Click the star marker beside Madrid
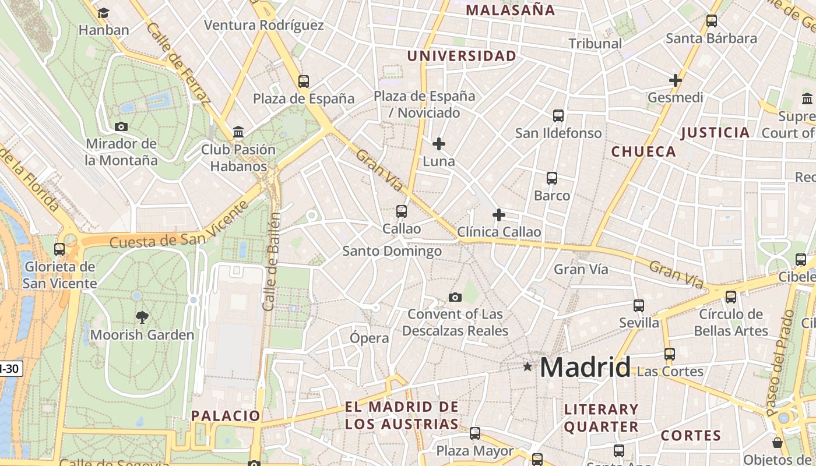click(x=527, y=366)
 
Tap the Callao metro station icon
click(x=402, y=211)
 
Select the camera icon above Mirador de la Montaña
click(x=121, y=126)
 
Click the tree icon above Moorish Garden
click(x=142, y=317)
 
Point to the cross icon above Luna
click(x=439, y=144)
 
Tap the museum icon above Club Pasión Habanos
click(x=238, y=132)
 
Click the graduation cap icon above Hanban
click(x=103, y=13)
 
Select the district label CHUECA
click(x=643, y=152)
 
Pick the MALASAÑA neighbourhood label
click(x=511, y=10)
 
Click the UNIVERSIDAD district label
click(x=462, y=56)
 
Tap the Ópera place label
click(x=370, y=338)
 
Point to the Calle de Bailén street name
click(x=272, y=262)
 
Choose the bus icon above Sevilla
click(x=639, y=306)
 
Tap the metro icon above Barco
click(x=552, y=178)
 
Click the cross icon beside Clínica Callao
click(x=499, y=215)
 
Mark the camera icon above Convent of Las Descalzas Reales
click(x=455, y=298)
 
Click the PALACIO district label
click(x=226, y=415)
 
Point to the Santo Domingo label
click(x=392, y=251)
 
